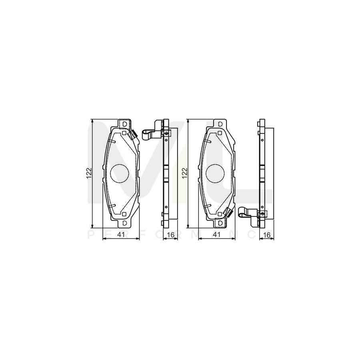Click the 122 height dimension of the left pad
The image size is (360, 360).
(90, 172)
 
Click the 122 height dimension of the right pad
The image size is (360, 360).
(185, 172)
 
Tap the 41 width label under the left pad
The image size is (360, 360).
(121, 235)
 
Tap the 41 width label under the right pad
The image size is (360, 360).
(216, 235)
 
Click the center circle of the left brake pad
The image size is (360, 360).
(119, 174)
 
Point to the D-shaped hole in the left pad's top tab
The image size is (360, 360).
(124, 124)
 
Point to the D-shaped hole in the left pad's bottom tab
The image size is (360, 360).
(124, 222)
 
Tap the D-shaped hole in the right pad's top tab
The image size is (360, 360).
(220, 124)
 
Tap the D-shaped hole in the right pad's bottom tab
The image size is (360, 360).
(220, 222)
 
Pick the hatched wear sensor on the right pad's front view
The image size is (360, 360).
(228, 212)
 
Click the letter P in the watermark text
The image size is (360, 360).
(90, 235)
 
